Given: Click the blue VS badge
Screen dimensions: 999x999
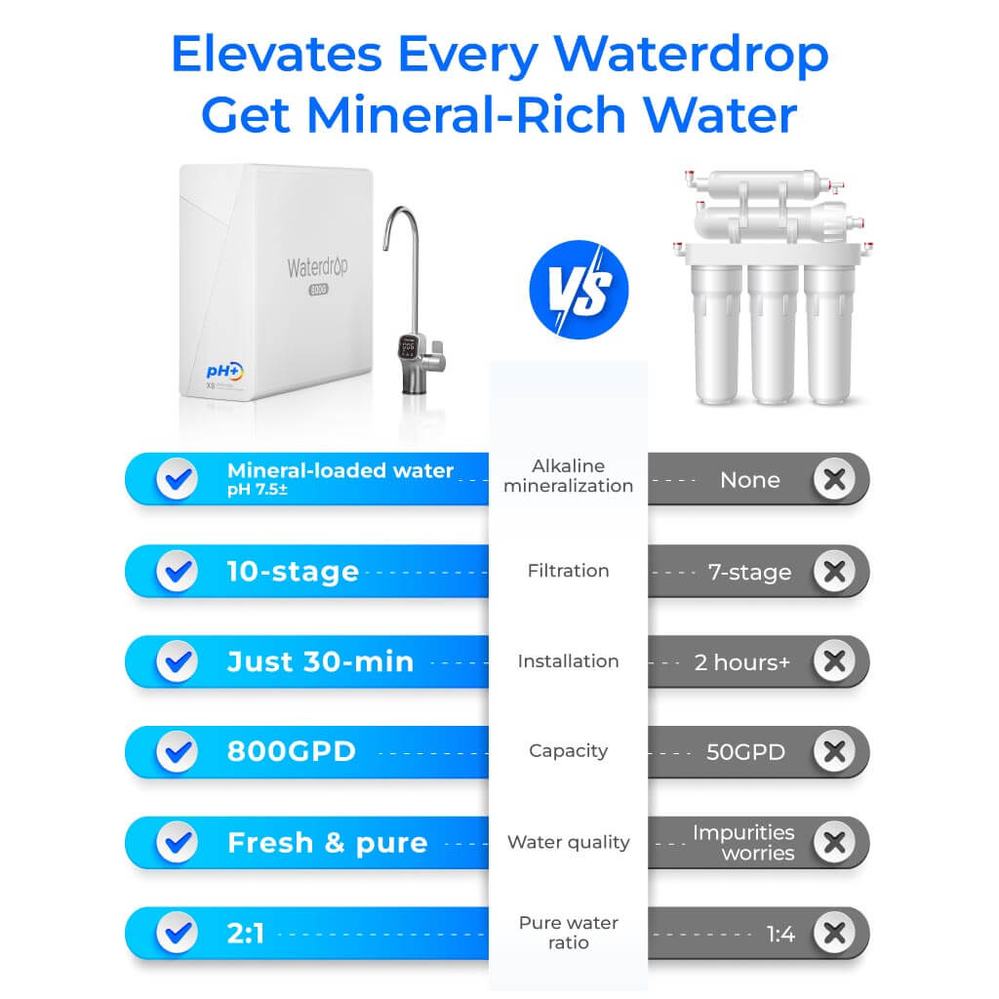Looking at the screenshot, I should tap(579, 290).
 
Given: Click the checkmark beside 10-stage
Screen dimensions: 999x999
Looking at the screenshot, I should tap(177, 572).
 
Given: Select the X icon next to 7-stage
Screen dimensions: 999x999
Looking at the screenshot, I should tap(833, 572).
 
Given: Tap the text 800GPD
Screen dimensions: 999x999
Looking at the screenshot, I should tap(292, 752).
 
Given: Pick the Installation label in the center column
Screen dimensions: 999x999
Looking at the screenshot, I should tap(568, 661).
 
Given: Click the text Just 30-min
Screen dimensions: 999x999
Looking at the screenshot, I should tap(320, 661).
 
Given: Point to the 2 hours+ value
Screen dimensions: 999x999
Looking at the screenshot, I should tap(742, 662).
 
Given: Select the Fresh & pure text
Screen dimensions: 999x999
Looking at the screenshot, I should tap(327, 843).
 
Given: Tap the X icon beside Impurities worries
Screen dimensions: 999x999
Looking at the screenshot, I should tap(833, 843).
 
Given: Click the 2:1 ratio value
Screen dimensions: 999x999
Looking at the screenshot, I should tap(245, 934).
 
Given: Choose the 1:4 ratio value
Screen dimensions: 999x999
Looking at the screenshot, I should tap(780, 935).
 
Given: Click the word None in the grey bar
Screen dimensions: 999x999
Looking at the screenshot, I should tap(749, 480).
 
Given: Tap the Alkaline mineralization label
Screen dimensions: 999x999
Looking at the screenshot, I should tap(568, 476).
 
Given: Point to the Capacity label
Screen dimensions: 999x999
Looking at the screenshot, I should tap(568, 751).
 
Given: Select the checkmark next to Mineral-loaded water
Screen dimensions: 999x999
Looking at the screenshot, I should tap(177, 479).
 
